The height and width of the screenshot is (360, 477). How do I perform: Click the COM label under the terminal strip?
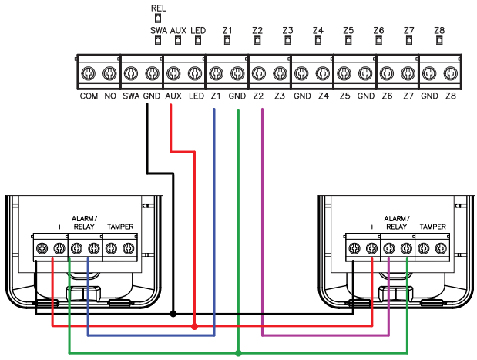pyautogui.click(x=89, y=98)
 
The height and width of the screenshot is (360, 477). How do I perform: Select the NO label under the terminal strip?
pyautogui.click(x=109, y=98)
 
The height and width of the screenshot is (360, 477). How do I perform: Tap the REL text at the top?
pyautogui.click(x=158, y=7)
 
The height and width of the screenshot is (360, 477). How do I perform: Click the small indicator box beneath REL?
pyautogui.click(x=158, y=18)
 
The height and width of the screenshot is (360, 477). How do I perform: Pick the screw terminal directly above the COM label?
pyautogui.click(x=89, y=74)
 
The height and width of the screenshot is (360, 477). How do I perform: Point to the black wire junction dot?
pyautogui.click(x=173, y=314)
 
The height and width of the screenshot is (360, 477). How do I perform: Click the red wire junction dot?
pyautogui.click(x=194, y=327)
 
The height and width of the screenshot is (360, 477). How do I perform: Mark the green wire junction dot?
pyautogui.click(x=238, y=352)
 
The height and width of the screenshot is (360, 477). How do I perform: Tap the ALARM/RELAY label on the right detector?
pyautogui.click(x=397, y=224)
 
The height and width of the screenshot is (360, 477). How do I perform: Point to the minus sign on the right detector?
pyautogui.click(x=353, y=228)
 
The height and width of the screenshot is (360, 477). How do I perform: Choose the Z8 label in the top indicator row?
pyautogui.click(x=439, y=30)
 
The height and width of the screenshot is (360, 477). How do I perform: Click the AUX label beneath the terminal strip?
pyautogui.click(x=173, y=98)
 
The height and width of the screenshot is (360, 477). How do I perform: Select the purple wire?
pyautogui.click(x=264, y=231)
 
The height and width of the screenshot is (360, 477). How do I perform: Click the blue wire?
pyautogui.click(x=213, y=231)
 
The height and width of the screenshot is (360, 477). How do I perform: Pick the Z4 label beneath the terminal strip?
pyautogui.click(x=322, y=98)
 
